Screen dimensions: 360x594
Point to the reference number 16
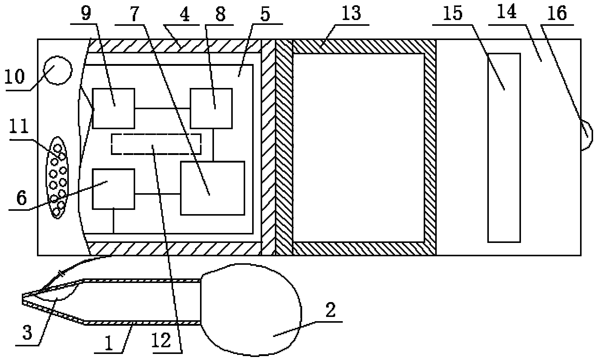[558, 14]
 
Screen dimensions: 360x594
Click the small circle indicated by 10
[58, 70]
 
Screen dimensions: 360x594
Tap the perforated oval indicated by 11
[57, 177]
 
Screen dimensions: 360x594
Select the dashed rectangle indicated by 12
[156, 144]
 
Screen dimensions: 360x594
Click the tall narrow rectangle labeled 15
[504, 148]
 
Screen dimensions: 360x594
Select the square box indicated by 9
[113, 108]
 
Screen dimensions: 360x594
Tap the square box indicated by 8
[211, 108]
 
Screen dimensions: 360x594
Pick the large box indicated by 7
[212, 188]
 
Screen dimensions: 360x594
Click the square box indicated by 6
[113, 189]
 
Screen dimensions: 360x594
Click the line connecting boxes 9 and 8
[162, 108]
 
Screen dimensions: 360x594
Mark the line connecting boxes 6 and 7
[157, 194]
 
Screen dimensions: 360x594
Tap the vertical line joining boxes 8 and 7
[213, 145]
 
